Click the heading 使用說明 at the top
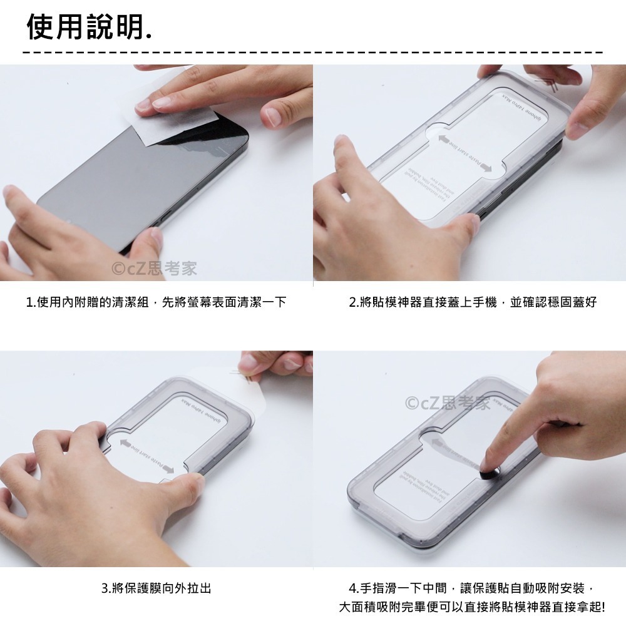coord(88,27)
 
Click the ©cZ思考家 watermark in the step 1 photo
coord(154,269)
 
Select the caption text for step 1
coord(156,302)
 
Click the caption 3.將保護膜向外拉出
coord(156,588)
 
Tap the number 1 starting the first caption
coord(29,303)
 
